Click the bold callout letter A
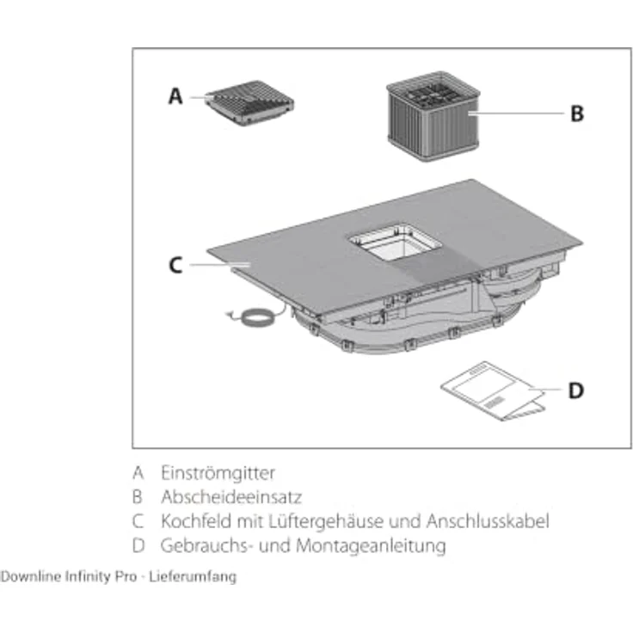tap(175, 96)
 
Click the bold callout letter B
tap(577, 114)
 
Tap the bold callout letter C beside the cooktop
tap(175, 265)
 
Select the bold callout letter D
tap(575, 390)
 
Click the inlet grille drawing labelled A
tap(249, 102)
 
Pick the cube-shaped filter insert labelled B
tap(433, 116)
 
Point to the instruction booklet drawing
tap(494, 390)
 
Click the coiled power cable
tap(255, 316)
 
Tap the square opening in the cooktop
tap(396, 243)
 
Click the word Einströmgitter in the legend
tap(218, 473)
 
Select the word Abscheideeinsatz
tap(231, 497)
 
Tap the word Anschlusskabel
tap(488, 521)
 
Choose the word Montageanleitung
tap(371, 546)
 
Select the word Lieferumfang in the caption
tap(193, 576)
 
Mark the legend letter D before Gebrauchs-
tap(138, 545)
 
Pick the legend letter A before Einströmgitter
tap(138, 473)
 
